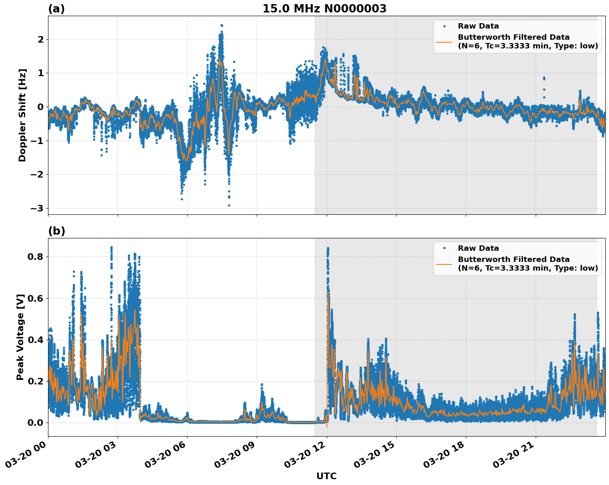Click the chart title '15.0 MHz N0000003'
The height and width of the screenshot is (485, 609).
coord(324,9)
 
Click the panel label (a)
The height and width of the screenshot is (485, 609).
coord(56,9)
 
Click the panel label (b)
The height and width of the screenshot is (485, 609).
coord(56,231)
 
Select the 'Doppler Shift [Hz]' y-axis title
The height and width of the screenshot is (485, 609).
coord(22,115)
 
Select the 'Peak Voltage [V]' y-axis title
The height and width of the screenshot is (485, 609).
coord(20,337)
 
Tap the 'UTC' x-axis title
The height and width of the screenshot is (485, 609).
coord(326,476)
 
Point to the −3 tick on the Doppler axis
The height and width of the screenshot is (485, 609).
coord(37,208)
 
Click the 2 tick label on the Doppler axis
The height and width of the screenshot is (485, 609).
coord(41,39)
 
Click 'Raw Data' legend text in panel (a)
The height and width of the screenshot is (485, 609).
coord(478,26)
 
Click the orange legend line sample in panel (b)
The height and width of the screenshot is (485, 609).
coord(444,264)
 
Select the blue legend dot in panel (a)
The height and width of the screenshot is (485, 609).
coord(444,26)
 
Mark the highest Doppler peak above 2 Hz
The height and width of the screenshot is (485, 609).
coord(221,26)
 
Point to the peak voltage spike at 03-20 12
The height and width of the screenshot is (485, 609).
coord(328,249)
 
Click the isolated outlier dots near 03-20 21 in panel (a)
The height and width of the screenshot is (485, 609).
coord(544,79)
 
